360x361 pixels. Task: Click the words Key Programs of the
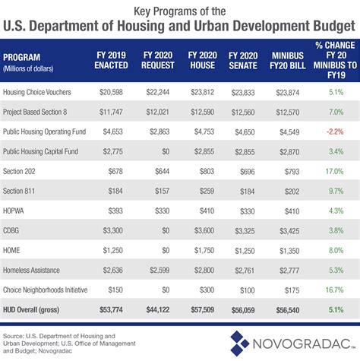(180, 11)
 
